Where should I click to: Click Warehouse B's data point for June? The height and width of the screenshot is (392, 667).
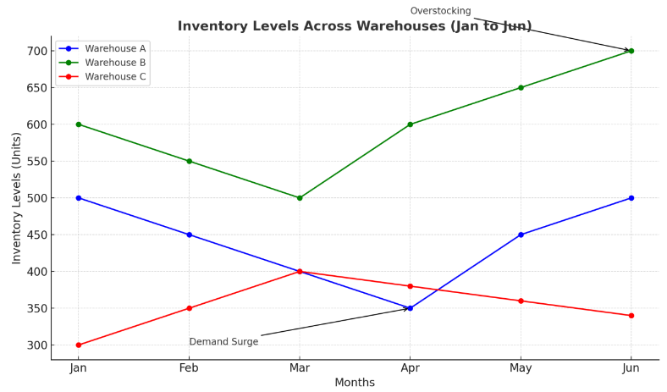631,51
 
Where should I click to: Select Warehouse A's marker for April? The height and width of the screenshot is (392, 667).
410,308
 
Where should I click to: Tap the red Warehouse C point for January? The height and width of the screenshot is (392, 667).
79,345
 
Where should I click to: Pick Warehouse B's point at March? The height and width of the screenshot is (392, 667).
300,198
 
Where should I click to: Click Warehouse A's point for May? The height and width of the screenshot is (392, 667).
521,235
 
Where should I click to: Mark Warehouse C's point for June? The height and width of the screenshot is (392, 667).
631,316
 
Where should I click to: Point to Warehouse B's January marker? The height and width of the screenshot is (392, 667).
79,124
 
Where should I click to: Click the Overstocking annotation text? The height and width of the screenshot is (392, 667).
440,11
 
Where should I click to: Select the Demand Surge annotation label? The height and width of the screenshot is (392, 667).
223,342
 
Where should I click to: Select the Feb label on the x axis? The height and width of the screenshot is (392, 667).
189,368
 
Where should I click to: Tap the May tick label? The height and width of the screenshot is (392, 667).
521,368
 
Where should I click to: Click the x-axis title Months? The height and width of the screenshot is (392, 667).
355,383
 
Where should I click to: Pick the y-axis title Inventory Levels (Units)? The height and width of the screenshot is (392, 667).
17,197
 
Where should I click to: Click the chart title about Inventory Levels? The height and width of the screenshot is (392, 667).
355,26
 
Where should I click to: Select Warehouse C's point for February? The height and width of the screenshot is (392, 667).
189,308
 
